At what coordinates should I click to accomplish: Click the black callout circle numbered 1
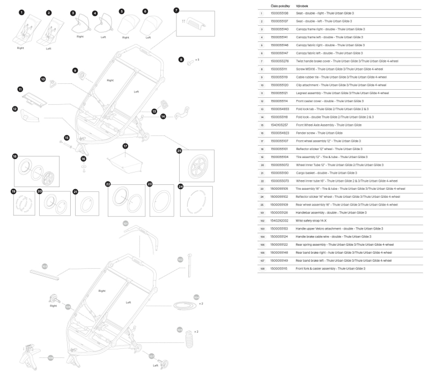pyautogui.click(x=21, y=12)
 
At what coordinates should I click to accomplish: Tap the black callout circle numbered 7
pyautogui.click(x=177, y=10)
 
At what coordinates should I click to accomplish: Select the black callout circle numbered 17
pyautogui.click(x=125, y=146)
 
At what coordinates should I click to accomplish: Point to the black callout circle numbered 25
pyautogui.click(x=180, y=151)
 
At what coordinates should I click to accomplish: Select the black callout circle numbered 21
pyautogui.click(x=76, y=191)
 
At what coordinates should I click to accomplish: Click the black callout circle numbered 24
pyautogui.click(x=181, y=186)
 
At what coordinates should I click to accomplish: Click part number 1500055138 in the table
pyautogui.click(x=279, y=13)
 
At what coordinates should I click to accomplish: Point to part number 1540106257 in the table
pyautogui.click(x=279, y=125)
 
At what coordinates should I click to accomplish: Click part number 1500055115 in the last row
pyautogui.click(x=279, y=268)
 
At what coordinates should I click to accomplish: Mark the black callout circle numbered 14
pyautogui.click(x=163, y=116)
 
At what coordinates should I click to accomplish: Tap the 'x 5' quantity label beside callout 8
pyautogui.click(x=197, y=59)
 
